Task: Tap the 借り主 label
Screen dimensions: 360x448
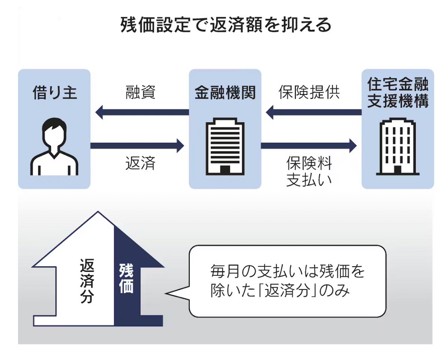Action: (54, 92)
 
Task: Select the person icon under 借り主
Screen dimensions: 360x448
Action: (54, 147)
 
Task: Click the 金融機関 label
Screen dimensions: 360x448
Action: (225, 93)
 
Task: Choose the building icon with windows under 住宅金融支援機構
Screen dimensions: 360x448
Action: (398, 147)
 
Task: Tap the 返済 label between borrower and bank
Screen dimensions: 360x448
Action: (140, 163)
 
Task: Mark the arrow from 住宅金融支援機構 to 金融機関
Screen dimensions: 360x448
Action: (313, 112)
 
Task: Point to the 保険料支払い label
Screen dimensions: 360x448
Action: (309, 171)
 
